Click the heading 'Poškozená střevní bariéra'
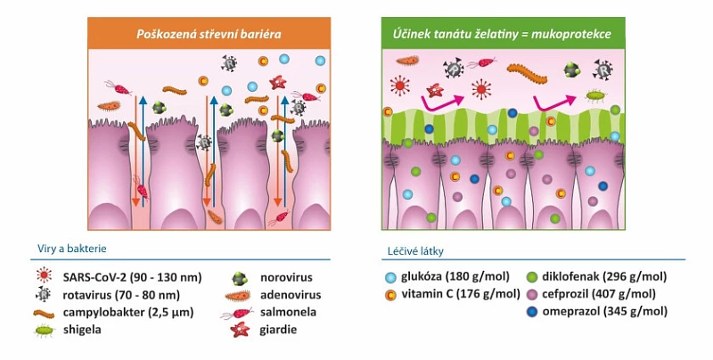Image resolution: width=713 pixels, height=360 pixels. point(209,34)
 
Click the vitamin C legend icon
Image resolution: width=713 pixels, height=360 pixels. point(390,294)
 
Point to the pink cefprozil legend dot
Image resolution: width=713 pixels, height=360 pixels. point(532,294)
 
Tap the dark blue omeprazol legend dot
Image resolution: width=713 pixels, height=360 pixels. point(532,312)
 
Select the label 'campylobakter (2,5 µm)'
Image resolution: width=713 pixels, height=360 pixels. point(128,313)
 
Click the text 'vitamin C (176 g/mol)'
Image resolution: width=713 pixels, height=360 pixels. point(460,294)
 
